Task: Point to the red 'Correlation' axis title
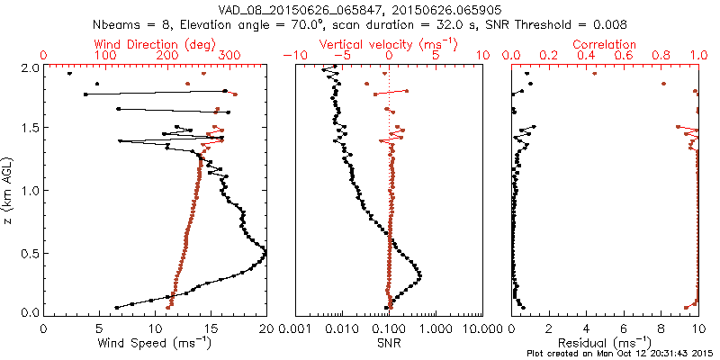[x=605, y=44]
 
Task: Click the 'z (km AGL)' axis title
[x=9, y=191]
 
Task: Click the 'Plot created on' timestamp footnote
[x=622, y=353]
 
